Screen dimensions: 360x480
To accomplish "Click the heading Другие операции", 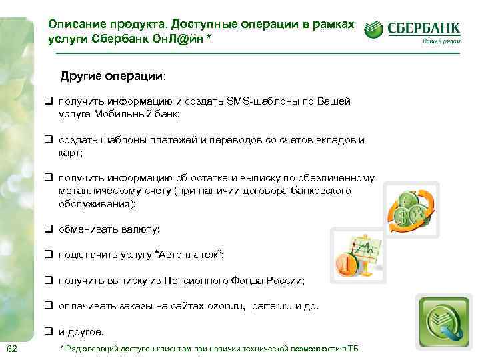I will [x=113, y=76].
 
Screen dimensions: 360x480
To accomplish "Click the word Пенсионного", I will [x=200, y=281].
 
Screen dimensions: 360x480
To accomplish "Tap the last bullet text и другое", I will [x=81, y=332].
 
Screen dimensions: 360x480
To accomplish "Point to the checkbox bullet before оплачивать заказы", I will [x=49, y=307].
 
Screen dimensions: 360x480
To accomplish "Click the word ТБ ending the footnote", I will [x=353, y=350].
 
